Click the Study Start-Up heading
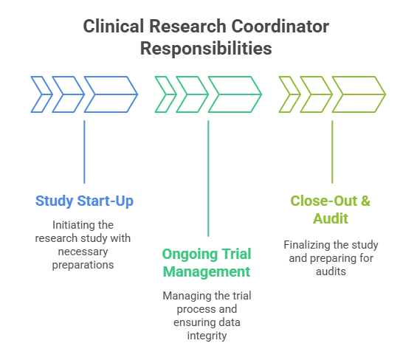(84, 201)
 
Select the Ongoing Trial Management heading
(206, 263)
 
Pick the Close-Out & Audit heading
(331, 209)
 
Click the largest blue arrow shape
(110, 94)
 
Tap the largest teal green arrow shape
(234, 94)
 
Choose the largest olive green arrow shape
(358, 94)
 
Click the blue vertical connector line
(84, 151)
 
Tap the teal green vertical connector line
(208, 177)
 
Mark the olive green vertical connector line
(332, 151)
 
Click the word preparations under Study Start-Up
(84, 263)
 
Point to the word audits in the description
(331, 270)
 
